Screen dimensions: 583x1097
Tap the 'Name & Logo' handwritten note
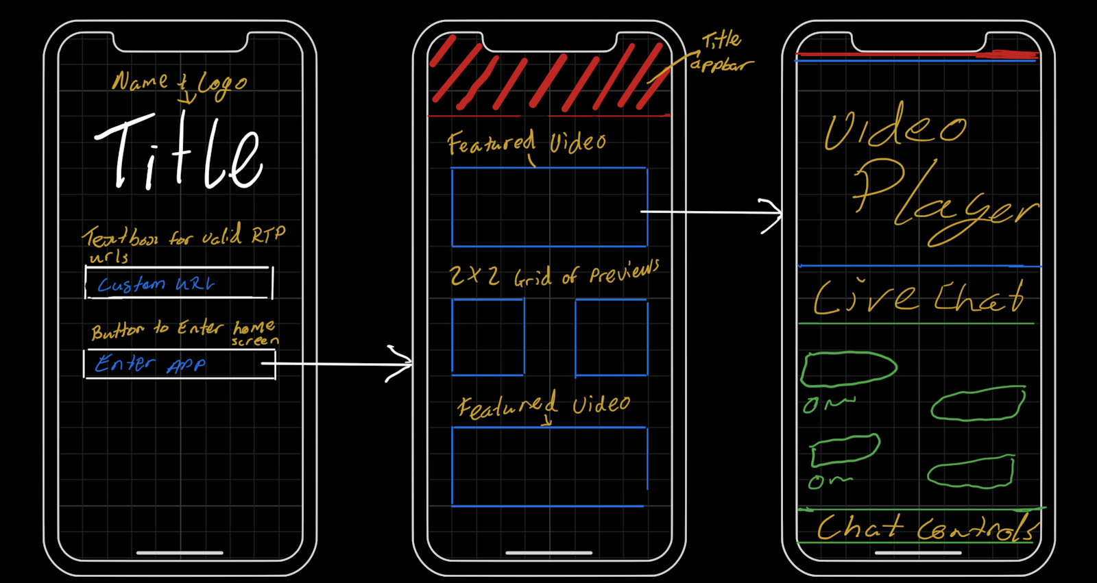click(179, 82)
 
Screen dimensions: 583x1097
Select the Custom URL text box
click(178, 283)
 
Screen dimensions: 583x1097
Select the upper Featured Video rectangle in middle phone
click(548, 207)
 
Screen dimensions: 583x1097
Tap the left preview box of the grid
click(487, 337)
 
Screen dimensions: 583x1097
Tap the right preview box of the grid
click(611, 337)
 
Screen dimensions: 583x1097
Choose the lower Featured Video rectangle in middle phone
click(548, 467)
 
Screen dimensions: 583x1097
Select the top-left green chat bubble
click(849, 369)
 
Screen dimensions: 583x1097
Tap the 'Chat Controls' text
click(926, 528)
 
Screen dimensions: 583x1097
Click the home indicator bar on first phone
click(180, 552)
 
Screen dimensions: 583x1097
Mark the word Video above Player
click(895, 127)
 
